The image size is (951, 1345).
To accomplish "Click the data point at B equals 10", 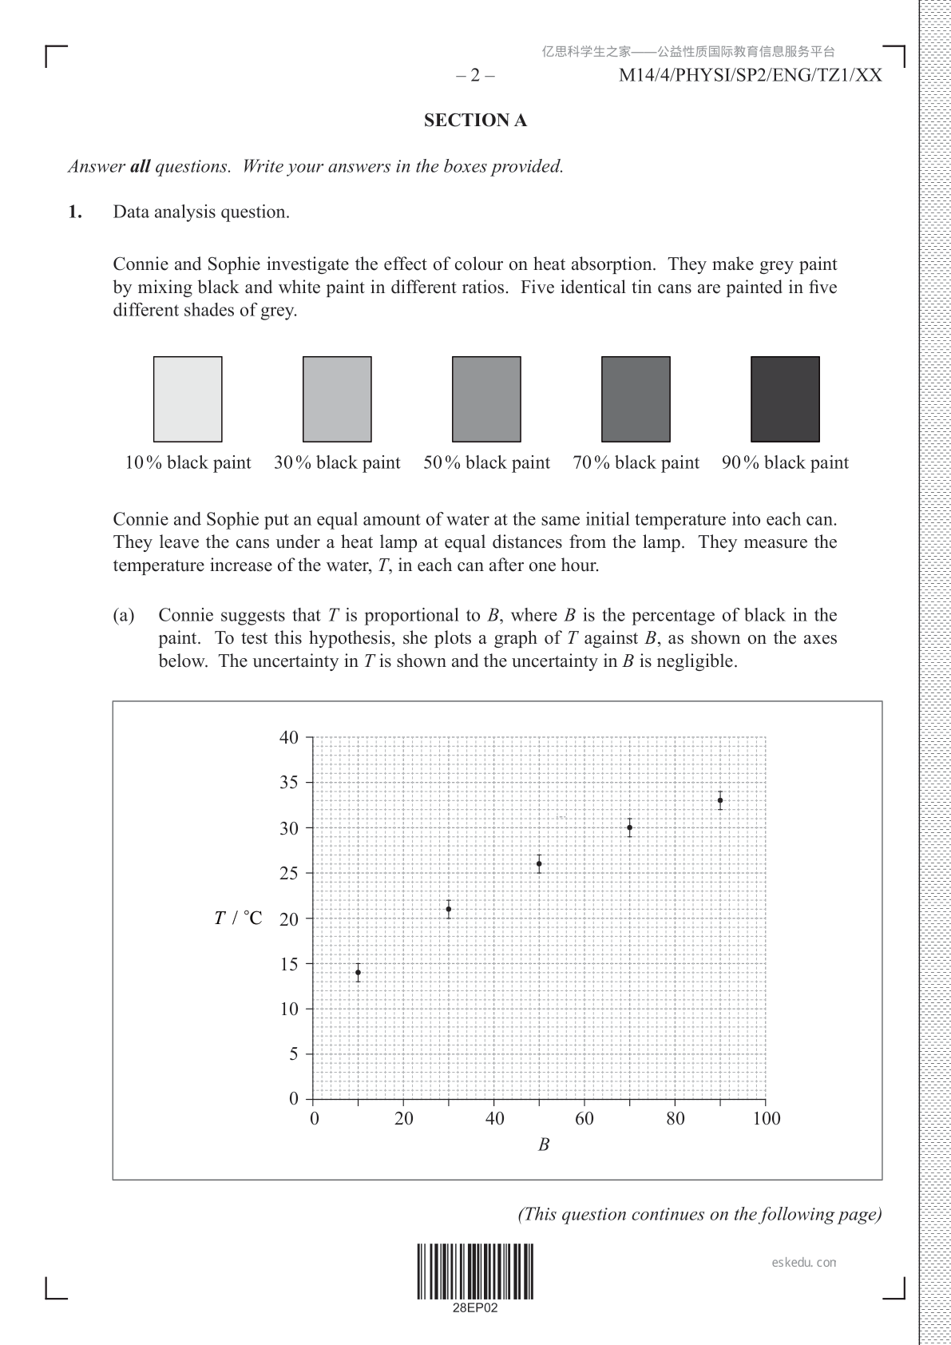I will point(358,973).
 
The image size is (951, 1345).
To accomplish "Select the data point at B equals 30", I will point(449,909).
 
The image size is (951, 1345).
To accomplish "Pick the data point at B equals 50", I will point(539,863).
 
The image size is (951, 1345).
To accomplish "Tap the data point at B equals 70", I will point(630,827).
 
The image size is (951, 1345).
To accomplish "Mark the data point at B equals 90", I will point(720,800).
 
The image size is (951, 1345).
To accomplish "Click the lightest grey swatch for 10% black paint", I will point(188,399).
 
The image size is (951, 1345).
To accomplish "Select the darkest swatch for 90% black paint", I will point(785,399).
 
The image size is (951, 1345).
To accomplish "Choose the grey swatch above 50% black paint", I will point(486,399).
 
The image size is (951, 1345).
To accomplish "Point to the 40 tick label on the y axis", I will point(289,737).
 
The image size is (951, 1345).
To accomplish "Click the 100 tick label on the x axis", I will point(767,1118).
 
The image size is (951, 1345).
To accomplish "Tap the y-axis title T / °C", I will point(238,918).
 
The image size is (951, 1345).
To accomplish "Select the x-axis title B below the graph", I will point(544,1145).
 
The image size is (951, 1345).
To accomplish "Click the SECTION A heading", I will point(475,121).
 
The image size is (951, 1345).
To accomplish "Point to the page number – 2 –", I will point(475,76).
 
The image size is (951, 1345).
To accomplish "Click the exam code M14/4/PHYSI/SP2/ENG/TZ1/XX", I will point(751,76).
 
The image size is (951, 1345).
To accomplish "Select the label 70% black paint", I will point(636,463).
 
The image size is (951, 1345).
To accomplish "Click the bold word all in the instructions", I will point(140,167).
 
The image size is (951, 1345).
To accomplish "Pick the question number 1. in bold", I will point(75,212).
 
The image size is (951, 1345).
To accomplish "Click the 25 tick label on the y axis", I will point(289,873).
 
